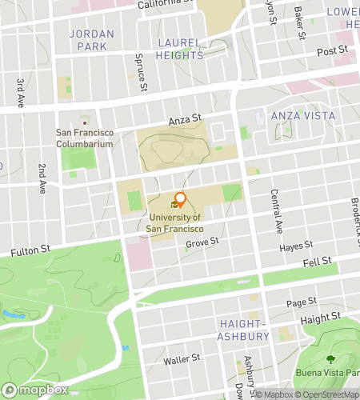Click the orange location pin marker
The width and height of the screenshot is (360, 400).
[x=180, y=199]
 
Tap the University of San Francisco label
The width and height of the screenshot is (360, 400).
[x=175, y=222]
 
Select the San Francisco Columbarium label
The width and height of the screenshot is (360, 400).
[x=85, y=138]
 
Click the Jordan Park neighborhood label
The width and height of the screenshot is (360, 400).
[x=87, y=40]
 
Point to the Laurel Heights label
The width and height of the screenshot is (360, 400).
[x=180, y=48]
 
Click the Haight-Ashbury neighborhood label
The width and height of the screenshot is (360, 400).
[x=243, y=329]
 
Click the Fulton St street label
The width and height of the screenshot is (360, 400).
[x=30, y=251]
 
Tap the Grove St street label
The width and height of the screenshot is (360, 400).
[x=202, y=243]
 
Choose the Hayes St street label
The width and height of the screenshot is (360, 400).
[x=295, y=249]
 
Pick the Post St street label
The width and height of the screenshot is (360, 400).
[x=332, y=51]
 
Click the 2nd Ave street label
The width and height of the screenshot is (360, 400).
[x=42, y=179]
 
